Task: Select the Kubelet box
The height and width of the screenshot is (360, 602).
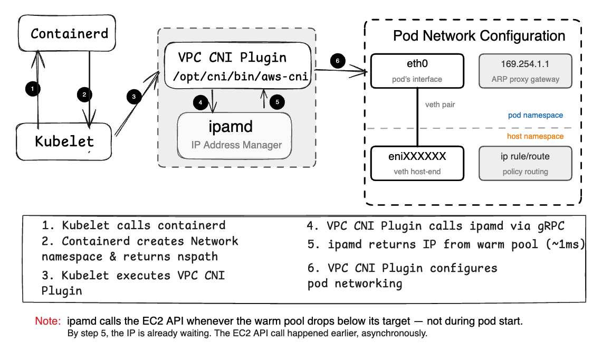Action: click(x=64, y=141)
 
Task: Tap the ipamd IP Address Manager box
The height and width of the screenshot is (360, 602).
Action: click(x=234, y=135)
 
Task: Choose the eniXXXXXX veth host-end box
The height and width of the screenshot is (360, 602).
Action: click(x=417, y=163)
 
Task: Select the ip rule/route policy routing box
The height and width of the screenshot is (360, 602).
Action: click(x=525, y=163)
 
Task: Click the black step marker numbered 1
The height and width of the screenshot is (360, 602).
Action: click(x=33, y=89)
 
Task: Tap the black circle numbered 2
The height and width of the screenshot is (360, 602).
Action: click(x=83, y=95)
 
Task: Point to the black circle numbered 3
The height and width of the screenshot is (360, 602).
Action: click(x=134, y=97)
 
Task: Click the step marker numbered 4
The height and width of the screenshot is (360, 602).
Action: click(x=200, y=102)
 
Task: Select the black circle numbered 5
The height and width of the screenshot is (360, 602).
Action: click(x=277, y=102)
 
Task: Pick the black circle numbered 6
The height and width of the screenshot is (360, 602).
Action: click(x=338, y=61)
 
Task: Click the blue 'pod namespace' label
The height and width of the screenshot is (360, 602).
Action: click(x=535, y=115)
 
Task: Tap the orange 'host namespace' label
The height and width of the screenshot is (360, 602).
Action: click(x=535, y=136)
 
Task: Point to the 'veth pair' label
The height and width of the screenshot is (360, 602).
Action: click(x=440, y=105)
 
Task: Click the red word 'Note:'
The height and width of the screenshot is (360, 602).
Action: click(x=48, y=321)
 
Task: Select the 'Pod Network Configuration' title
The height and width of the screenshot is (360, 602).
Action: click(x=479, y=36)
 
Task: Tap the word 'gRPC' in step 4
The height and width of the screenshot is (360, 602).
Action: click(x=549, y=226)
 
